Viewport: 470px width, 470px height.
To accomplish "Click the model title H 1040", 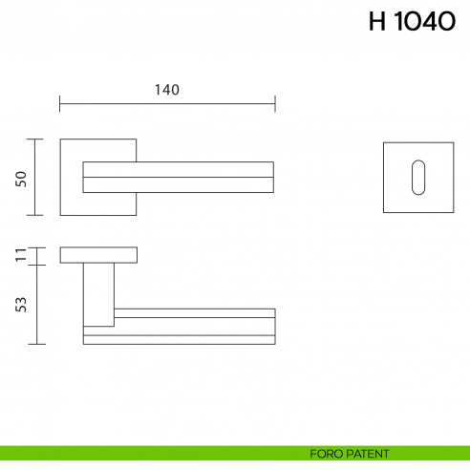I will [412, 22].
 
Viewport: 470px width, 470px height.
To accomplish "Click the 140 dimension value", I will [166, 89].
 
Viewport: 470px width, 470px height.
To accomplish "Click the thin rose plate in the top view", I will [98, 255].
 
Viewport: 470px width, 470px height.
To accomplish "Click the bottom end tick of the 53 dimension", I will [36, 343].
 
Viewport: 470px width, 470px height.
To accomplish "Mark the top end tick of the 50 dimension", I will [36, 139].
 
